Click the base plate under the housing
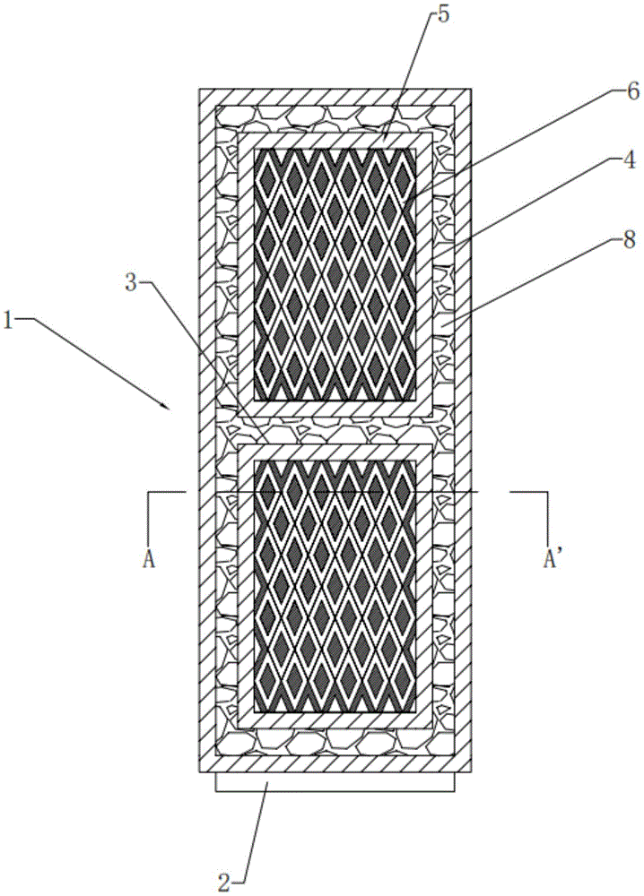pos(335,783)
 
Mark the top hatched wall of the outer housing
pos(335,97)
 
